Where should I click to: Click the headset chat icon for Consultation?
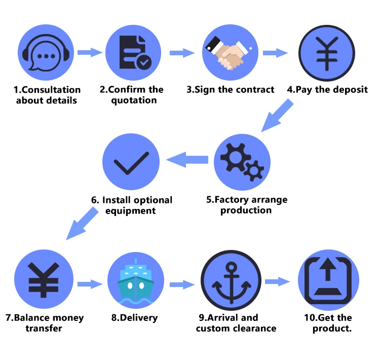coord(46,52)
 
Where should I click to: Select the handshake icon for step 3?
coord(229,53)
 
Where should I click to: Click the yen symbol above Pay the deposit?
coord(327,53)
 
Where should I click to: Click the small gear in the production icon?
coord(254,170)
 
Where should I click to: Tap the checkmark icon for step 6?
coord(131,163)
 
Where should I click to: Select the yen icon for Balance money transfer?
coord(44,280)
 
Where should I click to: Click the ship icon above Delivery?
coord(136,281)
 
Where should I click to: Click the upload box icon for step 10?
coord(328,280)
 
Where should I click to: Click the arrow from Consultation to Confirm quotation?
coord(90,52)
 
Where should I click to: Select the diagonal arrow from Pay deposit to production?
coord(277,116)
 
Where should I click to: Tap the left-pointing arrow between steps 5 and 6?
coord(187,160)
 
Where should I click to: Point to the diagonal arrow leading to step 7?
coord(82,224)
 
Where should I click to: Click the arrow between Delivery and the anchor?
coord(182,284)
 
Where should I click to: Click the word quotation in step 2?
coord(134,100)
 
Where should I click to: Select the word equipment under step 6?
coord(130,211)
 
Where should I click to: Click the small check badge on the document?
coord(144,62)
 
